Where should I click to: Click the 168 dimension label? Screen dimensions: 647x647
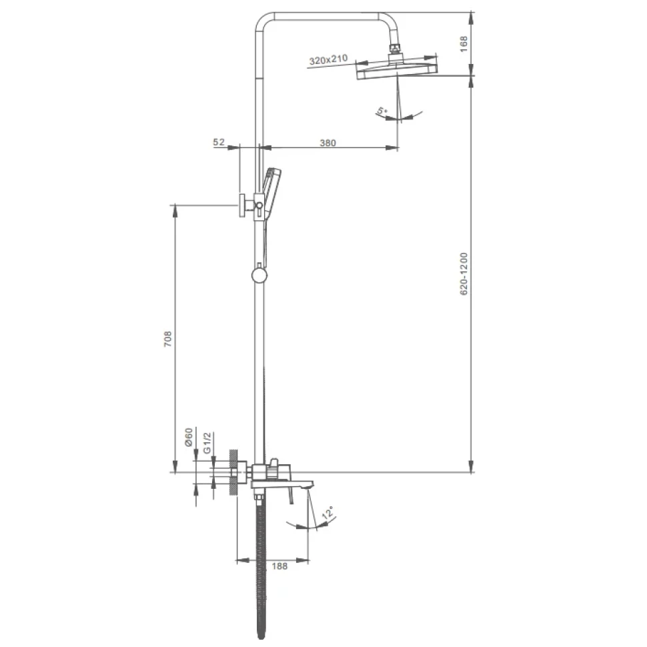point(464,44)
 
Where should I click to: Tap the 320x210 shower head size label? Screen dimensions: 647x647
point(328,60)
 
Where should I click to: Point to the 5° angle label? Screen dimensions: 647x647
point(382,111)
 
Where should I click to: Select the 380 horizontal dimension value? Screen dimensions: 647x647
point(328,143)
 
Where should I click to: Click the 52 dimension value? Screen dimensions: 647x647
point(219,142)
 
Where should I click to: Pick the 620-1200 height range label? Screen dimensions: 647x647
point(464,274)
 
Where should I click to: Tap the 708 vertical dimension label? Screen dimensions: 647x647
point(168,339)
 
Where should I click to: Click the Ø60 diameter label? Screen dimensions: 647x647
point(189,437)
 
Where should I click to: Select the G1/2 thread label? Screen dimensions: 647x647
point(207,442)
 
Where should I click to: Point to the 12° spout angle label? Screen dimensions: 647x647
point(328,513)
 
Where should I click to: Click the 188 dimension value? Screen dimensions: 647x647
point(279,566)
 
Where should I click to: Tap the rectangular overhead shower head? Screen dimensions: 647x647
point(396,70)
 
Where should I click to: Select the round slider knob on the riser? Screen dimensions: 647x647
point(259,275)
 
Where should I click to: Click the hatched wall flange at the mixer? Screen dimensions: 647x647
point(234,472)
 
